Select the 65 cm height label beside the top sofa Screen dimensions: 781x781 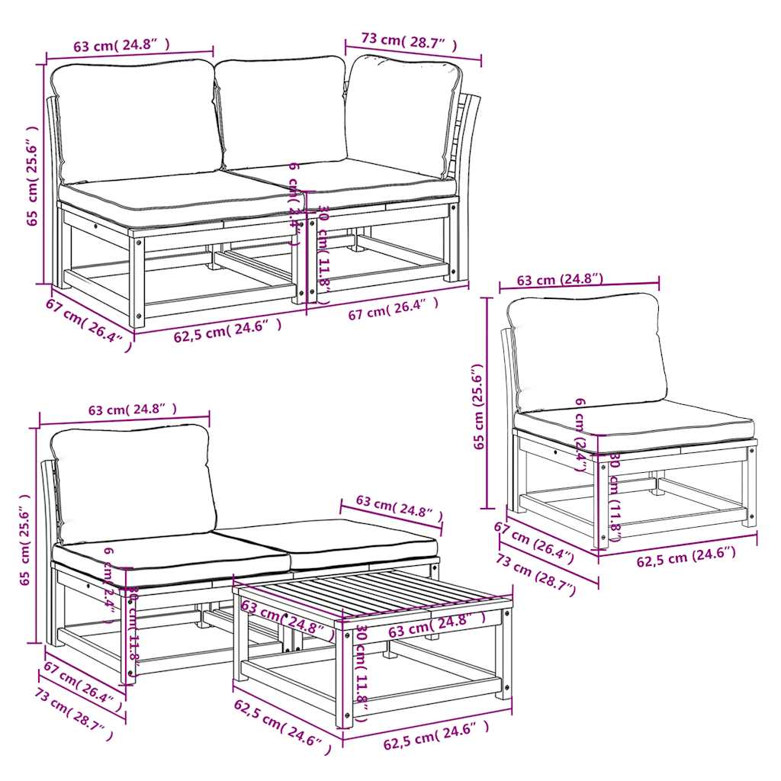click(x=32, y=175)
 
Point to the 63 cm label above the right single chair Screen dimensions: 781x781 click(x=560, y=280)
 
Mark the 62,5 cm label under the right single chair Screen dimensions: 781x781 click(x=686, y=558)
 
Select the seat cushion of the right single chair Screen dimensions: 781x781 click(x=633, y=426)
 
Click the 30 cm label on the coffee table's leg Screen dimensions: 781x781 click(x=363, y=668)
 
